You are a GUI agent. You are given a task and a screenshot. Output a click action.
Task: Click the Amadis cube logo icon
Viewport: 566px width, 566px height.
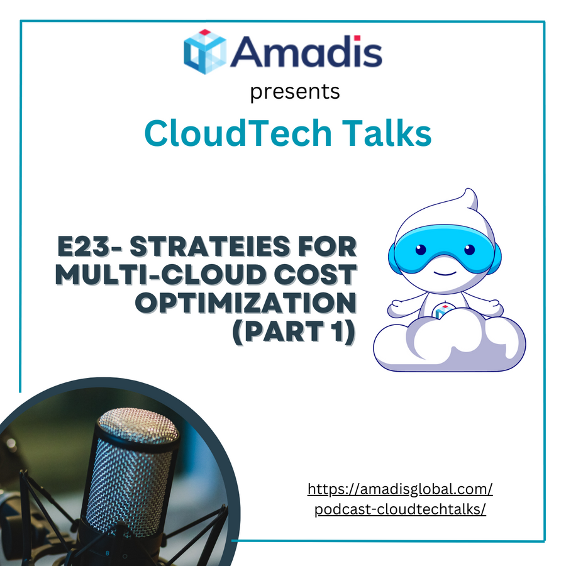[205, 52]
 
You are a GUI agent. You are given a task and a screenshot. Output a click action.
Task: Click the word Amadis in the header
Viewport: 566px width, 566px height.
[306, 52]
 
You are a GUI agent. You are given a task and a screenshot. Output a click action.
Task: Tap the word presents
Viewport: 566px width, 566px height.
[295, 92]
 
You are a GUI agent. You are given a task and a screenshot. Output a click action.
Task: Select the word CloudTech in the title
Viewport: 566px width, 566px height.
[238, 133]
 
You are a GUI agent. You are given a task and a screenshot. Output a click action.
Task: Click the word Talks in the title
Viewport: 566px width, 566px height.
[387, 133]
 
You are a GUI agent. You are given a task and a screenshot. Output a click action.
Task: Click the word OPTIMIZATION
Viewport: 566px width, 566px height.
[246, 302]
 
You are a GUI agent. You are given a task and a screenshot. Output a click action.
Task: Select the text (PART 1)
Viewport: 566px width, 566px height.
[294, 331]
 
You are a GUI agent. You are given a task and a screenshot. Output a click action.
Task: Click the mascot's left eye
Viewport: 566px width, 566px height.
[421, 250]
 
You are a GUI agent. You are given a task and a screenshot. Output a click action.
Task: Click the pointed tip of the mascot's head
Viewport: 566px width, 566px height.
[469, 190]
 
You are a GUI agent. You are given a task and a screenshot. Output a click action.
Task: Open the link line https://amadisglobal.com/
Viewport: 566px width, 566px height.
[400, 489]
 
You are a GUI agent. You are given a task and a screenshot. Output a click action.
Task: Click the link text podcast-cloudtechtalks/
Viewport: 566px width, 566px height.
[400, 509]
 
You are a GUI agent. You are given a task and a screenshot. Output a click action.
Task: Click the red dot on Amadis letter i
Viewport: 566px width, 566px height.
[357, 38]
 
